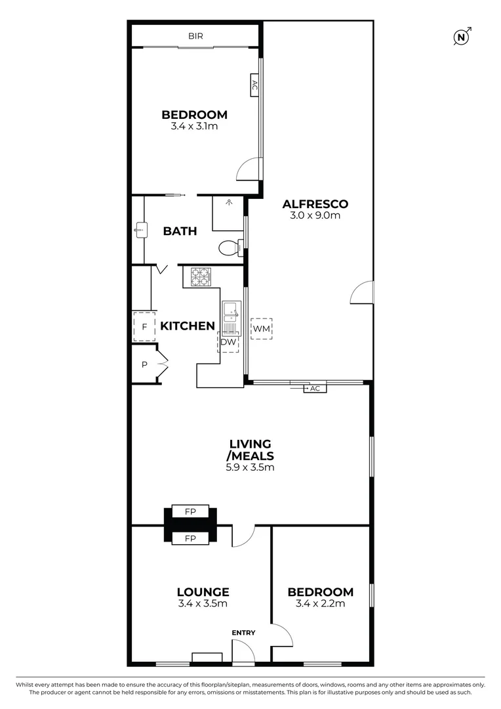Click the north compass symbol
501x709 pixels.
click(462, 37)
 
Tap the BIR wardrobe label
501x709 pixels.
click(196, 36)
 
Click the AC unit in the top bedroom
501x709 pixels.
click(254, 85)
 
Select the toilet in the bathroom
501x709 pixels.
click(230, 248)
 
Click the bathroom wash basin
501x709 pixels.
click(140, 229)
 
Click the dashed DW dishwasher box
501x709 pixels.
click(228, 342)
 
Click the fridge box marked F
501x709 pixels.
click(143, 326)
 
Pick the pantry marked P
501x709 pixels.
click(144, 364)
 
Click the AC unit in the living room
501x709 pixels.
click(315, 388)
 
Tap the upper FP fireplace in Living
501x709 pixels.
click(190, 511)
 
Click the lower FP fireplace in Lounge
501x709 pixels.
click(190, 538)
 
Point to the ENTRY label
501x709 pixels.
click(243, 632)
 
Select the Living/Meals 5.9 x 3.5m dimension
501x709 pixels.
click(250, 468)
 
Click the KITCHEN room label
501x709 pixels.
click(188, 326)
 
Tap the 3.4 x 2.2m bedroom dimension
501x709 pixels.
click(320, 604)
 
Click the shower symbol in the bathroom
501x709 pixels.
click(229, 204)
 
